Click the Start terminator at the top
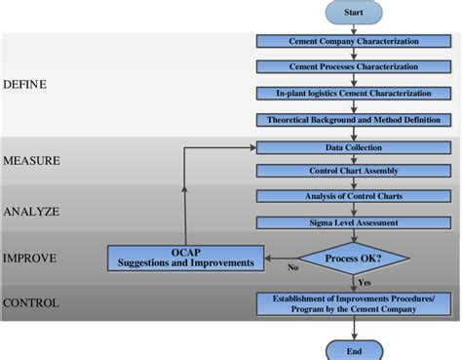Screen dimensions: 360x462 [353, 13]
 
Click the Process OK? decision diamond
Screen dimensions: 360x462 [353, 259]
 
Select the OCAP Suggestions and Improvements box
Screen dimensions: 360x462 [185, 258]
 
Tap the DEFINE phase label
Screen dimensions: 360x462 [24, 85]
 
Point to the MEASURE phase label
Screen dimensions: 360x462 [31, 160]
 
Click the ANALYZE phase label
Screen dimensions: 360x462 [30, 211]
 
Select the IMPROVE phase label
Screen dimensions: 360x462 [29, 259]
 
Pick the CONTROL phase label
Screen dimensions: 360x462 [31, 303]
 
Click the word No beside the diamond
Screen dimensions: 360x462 [291, 266]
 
